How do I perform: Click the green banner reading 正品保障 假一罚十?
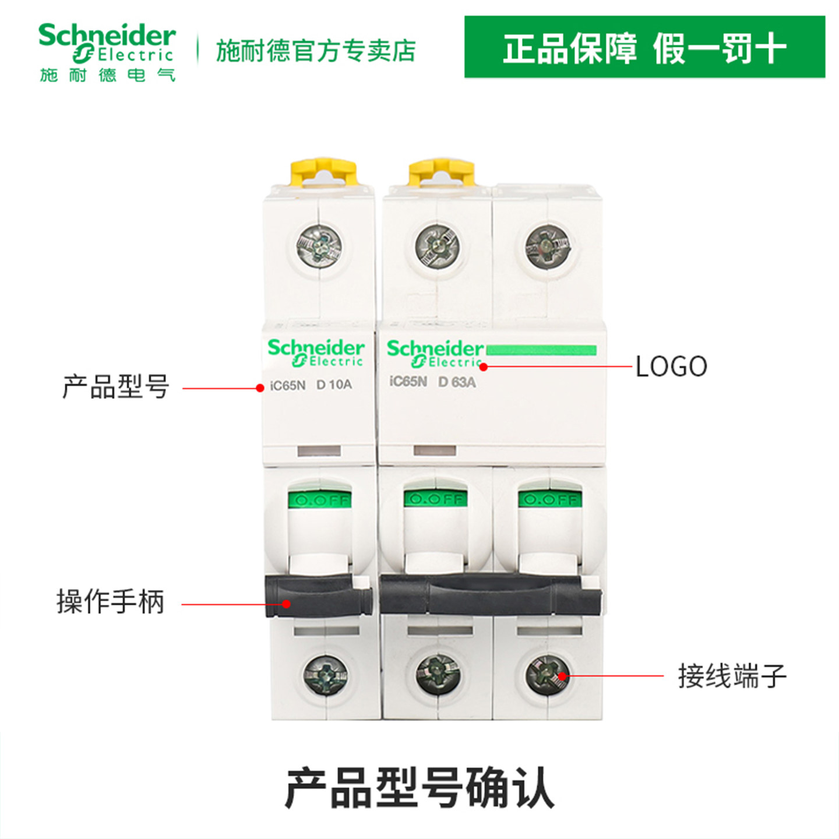tap(644, 47)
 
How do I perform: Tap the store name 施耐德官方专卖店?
tap(316, 51)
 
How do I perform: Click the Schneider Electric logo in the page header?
tap(107, 52)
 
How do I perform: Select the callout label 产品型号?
tap(115, 387)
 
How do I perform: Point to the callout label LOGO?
tap(671, 366)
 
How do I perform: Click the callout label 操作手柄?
tap(110, 601)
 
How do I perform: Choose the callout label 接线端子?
tap(732, 676)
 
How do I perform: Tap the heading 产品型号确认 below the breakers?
tap(419, 788)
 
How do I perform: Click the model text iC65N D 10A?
tap(311, 385)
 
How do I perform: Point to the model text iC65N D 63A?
tap(432, 382)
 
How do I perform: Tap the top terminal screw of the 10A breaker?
tap(319, 245)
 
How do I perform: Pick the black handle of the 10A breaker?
tap(318, 594)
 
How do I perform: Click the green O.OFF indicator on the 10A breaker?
tap(319, 500)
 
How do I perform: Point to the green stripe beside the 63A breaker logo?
tap(541, 350)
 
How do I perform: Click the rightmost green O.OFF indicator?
tap(549, 499)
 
